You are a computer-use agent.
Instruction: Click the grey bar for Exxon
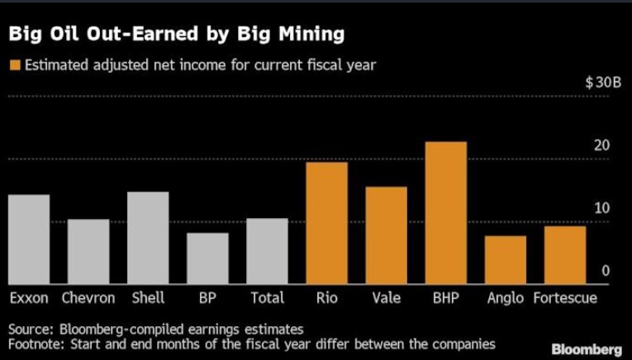click(28, 239)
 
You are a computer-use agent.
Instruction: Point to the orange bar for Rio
click(326, 224)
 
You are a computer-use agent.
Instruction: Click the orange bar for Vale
click(386, 235)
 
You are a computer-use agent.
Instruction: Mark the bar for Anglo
click(505, 260)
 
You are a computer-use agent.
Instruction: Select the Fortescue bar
click(565, 255)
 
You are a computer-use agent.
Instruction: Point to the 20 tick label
click(601, 145)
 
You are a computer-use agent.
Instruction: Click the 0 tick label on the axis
click(605, 271)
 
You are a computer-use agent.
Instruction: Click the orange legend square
click(13, 65)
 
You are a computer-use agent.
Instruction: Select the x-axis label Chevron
click(88, 298)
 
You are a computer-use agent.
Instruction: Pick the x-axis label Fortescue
click(565, 298)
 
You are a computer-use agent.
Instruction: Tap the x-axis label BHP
click(445, 298)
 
